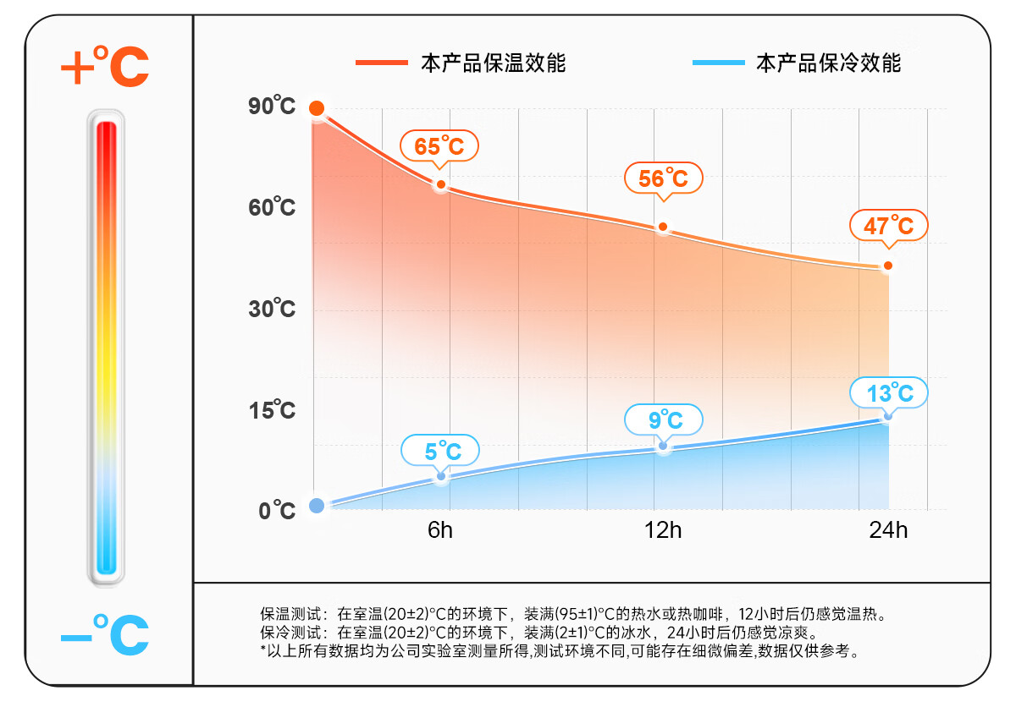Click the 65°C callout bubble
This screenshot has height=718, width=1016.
tap(439, 146)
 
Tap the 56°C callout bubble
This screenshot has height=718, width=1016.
tap(663, 178)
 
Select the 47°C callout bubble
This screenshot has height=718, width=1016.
tap(888, 226)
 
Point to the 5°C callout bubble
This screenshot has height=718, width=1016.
tap(440, 451)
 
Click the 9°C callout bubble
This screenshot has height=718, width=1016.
tap(665, 419)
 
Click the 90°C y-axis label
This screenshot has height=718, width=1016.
tap(272, 107)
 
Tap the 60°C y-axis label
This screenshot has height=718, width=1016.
tap(272, 207)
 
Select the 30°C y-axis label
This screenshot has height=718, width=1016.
tap(272, 309)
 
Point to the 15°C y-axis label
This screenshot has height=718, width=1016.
tap(272, 410)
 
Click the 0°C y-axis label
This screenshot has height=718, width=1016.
tap(277, 511)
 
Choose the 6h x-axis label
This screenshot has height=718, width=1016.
tap(440, 531)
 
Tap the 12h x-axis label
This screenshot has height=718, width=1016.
tap(663, 531)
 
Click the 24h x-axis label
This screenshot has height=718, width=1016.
tap(888, 531)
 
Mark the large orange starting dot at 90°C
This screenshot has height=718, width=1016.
tap(317, 108)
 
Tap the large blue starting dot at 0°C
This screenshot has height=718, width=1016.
tap(317, 506)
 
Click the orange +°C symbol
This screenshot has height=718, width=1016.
tap(105, 68)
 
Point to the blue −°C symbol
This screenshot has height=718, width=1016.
tap(105, 636)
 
